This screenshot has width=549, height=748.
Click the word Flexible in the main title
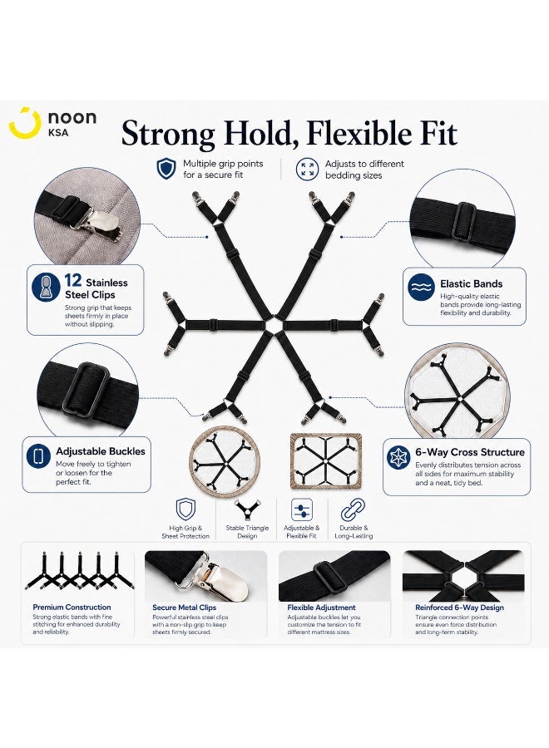tap(359, 133)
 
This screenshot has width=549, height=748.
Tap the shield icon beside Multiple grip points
tap(166, 169)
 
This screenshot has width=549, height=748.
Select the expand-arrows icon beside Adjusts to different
tap(307, 169)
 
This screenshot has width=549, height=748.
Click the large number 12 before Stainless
tap(72, 280)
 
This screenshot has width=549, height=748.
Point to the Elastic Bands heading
tap(471, 283)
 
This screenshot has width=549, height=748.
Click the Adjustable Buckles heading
tap(101, 451)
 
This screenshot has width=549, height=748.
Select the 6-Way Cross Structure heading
tap(470, 452)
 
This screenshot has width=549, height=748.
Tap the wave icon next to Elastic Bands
tap(421, 288)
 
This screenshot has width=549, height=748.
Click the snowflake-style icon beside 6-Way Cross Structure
tap(398, 457)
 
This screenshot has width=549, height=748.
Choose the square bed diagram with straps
tap(326, 461)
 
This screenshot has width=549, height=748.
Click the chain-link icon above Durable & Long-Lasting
tap(353, 510)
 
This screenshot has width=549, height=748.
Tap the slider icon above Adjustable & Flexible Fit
tap(302, 510)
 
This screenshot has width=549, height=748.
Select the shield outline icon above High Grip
tap(185, 509)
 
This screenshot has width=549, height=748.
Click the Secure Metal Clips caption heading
tap(185, 608)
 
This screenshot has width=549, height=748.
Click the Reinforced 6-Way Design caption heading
tap(459, 608)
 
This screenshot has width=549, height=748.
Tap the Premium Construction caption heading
tap(72, 608)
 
